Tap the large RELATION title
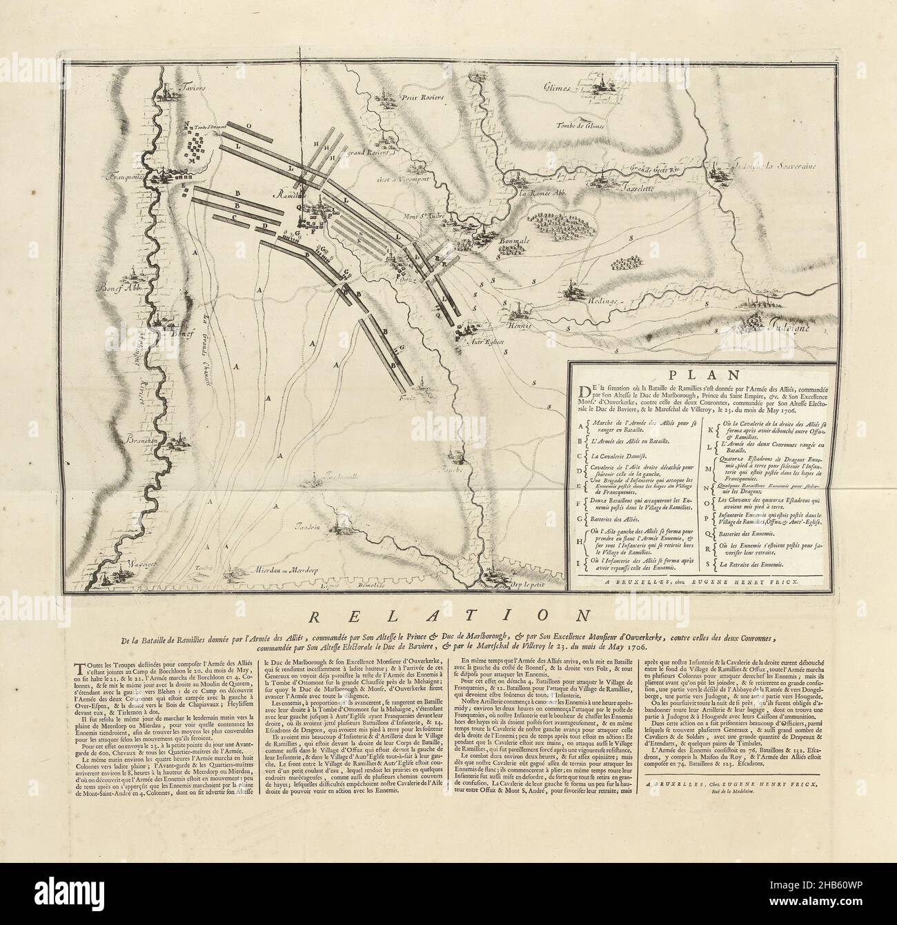click(x=448, y=613)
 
